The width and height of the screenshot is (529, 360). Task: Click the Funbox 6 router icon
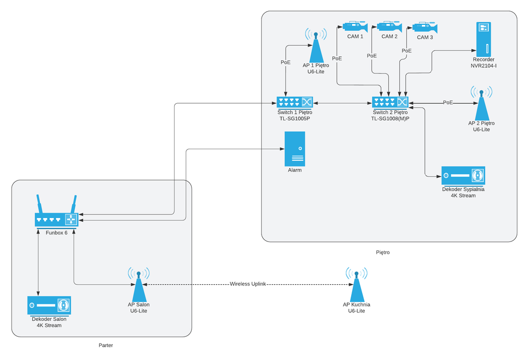click(x=56, y=219)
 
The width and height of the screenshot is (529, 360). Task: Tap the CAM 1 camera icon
click(x=355, y=26)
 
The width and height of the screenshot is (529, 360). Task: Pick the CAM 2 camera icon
click(x=389, y=26)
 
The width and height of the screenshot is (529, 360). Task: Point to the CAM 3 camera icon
click(x=425, y=28)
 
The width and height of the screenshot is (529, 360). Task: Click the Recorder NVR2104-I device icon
click(x=483, y=38)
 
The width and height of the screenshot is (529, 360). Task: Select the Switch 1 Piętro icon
click(x=294, y=102)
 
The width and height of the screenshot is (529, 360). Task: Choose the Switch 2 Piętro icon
click(x=389, y=102)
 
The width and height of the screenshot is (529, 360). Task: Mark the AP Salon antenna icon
click(x=138, y=286)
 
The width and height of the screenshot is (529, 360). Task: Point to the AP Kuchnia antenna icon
click(x=356, y=286)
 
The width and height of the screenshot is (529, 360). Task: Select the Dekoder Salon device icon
click(x=49, y=305)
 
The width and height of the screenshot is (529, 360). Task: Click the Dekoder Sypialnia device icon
click(x=463, y=176)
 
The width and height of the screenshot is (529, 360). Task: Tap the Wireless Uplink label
click(x=248, y=284)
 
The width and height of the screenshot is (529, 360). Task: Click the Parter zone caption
click(x=106, y=345)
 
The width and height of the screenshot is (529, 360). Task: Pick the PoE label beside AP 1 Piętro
click(x=285, y=62)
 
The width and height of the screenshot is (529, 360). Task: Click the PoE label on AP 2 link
click(x=448, y=103)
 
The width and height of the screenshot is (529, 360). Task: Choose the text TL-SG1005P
click(x=294, y=119)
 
